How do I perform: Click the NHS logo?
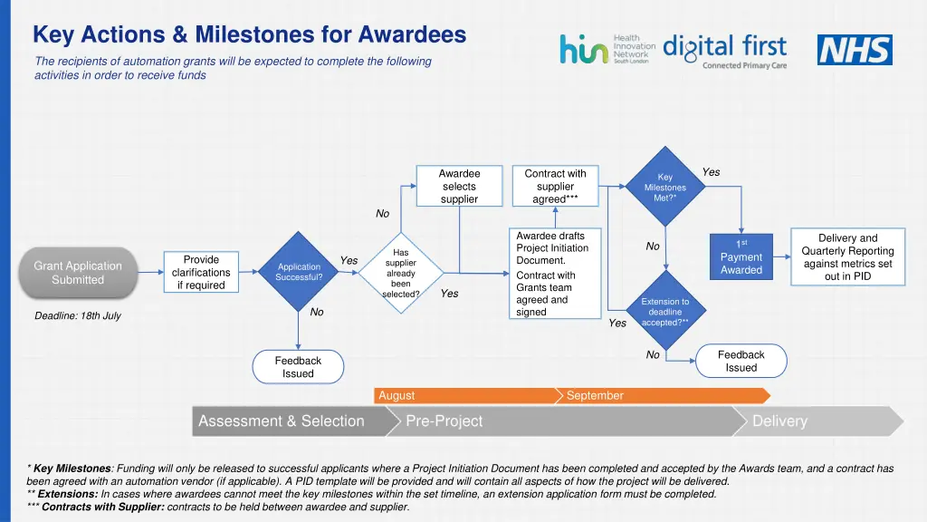(x=855, y=50)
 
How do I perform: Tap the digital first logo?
(x=724, y=51)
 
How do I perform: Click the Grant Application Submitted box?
(x=78, y=273)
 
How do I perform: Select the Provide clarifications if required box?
(x=201, y=273)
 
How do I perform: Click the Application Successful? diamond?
(x=299, y=273)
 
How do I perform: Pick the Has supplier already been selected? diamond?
(x=400, y=273)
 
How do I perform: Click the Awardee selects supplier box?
(x=459, y=186)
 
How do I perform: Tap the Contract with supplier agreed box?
(x=555, y=186)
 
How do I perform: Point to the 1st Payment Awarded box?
(x=741, y=257)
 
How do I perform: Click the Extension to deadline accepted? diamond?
(x=665, y=312)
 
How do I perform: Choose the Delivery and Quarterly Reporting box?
(x=847, y=257)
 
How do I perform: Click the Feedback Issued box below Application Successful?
(x=298, y=367)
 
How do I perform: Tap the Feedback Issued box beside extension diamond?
(x=741, y=361)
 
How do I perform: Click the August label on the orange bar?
(x=397, y=396)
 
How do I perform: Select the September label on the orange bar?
(x=595, y=396)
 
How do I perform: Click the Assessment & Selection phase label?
(x=282, y=421)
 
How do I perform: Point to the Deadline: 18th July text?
(x=78, y=316)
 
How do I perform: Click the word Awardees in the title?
(x=412, y=34)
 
